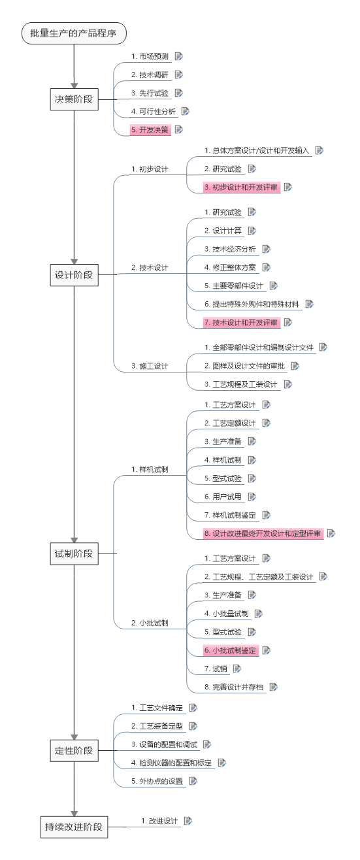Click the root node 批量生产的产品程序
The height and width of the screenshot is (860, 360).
point(74,33)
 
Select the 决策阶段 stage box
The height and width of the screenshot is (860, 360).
point(74,99)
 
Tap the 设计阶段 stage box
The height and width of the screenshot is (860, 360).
point(74,275)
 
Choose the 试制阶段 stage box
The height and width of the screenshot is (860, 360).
point(74,554)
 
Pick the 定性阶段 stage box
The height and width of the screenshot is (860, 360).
point(74,751)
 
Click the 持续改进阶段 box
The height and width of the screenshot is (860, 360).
point(74,827)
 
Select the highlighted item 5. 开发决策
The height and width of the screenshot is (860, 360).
point(150,130)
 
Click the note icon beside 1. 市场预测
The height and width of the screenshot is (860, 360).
point(179,56)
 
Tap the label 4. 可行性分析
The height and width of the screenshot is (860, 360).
point(154,111)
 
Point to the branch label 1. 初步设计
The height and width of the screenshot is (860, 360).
point(150,169)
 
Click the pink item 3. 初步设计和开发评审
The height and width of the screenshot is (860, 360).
point(241,188)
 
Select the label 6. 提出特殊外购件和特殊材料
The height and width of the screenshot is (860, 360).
point(252,304)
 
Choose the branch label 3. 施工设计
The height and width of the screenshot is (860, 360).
point(150,366)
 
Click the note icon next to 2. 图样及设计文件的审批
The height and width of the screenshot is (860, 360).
point(295,366)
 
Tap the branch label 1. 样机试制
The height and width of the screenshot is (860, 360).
point(150,469)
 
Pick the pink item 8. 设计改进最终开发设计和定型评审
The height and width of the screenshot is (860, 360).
point(263,533)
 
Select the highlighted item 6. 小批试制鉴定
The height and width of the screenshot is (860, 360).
point(230,650)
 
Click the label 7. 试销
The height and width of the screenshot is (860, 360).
point(216,669)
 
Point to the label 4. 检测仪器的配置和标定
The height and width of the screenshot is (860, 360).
point(172,763)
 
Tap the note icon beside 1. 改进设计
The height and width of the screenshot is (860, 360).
point(188,821)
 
